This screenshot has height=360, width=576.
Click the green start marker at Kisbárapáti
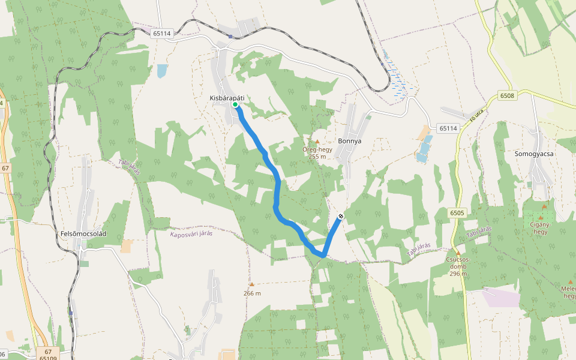click(x=235, y=105)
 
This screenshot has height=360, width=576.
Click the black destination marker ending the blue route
click(x=341, y=215)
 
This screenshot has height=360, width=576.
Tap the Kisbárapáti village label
click(x=227, y=98)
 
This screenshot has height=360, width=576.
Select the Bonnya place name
click(x=350, y=141)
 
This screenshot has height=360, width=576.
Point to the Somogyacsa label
click(x=534, y=154)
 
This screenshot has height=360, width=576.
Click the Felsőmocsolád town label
click(x=83, y=233)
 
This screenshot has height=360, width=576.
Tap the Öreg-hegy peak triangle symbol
click(x=317, y=142)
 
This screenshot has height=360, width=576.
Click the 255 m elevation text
click(x=317, y=156)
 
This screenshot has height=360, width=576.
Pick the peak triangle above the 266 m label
click(x=252, y=284)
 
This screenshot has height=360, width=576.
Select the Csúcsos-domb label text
click(x=457, y=263)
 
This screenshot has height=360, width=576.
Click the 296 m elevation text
click(x=458, y=274)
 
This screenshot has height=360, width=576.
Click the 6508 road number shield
click(x=507, y=95)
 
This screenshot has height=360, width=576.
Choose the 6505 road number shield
click(x=457, y=212)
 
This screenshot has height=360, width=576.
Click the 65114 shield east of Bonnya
click(x=448, y=128)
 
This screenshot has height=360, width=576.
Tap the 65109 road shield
click(x=48, y=358)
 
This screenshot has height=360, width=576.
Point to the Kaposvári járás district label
click(x=191, y=233)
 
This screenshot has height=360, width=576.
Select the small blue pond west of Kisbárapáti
click(x=162, y=71)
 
